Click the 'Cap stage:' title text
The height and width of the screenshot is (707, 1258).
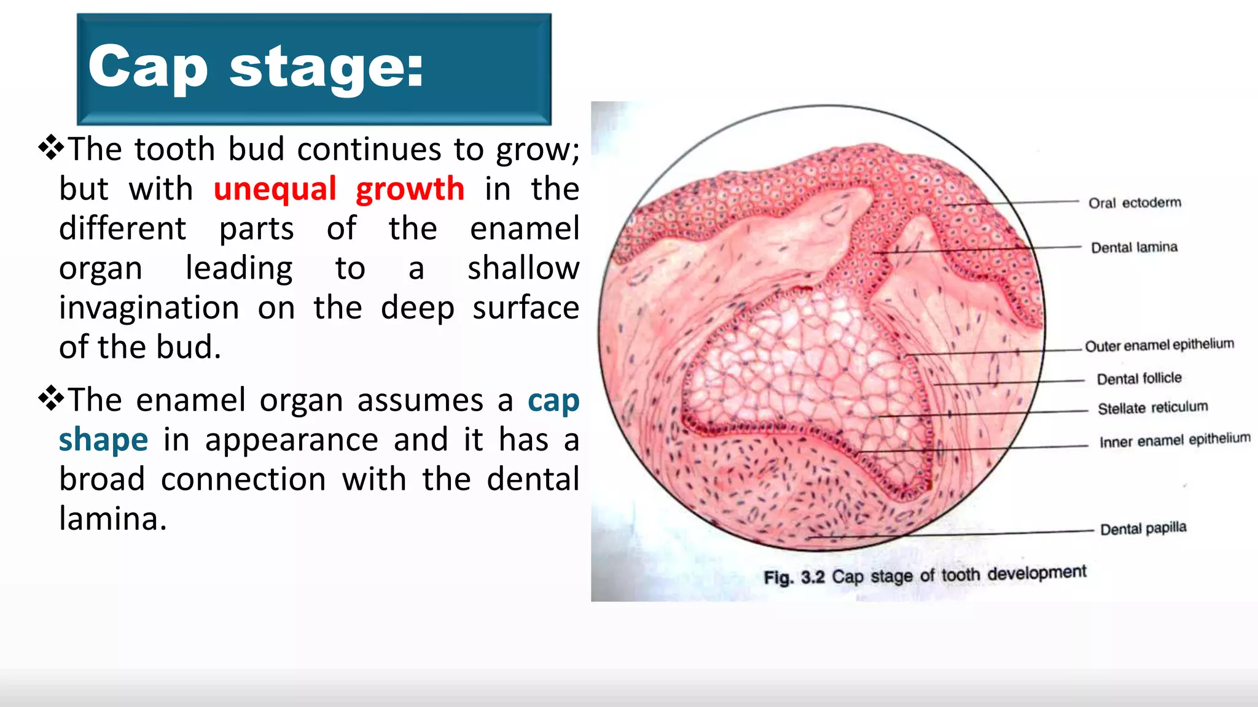(x=256, y=68)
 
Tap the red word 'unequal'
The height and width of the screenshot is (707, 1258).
(x=275, y=189)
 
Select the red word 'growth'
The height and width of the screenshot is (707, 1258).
(x=410, y=189)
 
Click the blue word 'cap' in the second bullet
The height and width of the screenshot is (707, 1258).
(x=553, y=401)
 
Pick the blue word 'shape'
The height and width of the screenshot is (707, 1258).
(x=103, y=440)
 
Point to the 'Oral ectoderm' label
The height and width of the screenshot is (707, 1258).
(x=1135, y=203)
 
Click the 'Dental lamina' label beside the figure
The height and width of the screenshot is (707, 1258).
(x=1134, y=247)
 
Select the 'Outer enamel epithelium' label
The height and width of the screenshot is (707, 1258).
(x=1159, y=345)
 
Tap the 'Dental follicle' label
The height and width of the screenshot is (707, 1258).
(x=1139, y=379)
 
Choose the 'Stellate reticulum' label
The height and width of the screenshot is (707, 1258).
(x=1152, y=408)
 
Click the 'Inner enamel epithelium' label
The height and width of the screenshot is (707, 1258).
(x=1174, y=440)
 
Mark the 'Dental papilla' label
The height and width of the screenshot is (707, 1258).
(x=1143, y=528)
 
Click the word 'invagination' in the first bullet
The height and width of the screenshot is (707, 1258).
(x=149, y=308)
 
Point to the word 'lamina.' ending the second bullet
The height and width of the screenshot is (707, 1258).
(x=113, y=519)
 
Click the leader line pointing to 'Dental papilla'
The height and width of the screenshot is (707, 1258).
(x=952, y=534)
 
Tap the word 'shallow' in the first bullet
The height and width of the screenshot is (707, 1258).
(x=523, y=268)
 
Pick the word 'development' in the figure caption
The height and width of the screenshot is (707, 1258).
(x=1037, y=573)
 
